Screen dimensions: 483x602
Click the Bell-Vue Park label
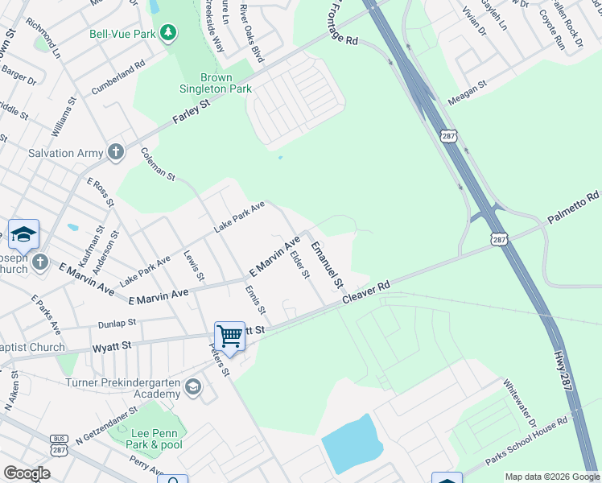pyautogui.click(x=122, y=33)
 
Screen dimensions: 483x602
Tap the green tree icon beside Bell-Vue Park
pyautogui.click(x=168, y=33)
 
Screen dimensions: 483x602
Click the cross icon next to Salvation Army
pyautogui.click(x=116, y=151)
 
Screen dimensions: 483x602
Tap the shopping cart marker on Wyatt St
pyautogui.click(x=229, y=335)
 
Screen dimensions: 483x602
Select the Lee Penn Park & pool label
pyautogui.click(x=157, y=439)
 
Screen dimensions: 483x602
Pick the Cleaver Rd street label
pyautogui.click(x=366, y=291)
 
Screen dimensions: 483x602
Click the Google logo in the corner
pyautogui.click(x=27, y=473)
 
